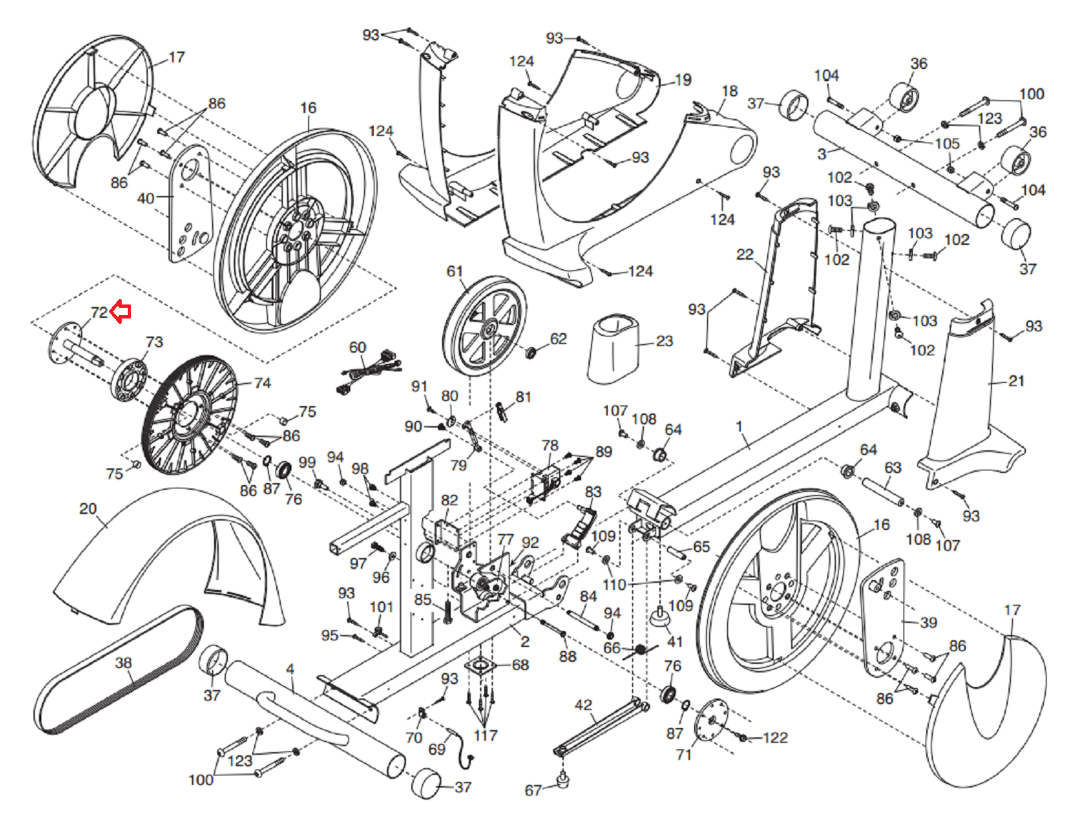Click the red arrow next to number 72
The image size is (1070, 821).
(x=120, y=311)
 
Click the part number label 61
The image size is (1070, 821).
(x=455, y=271)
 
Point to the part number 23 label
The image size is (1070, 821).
(x=664, y=341)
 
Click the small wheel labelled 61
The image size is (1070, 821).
(x=485, y=326)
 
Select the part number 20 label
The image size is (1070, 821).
(x=88, y=509)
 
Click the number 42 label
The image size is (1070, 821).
(x=583, y=705)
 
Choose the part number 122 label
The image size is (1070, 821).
(x=775, y=737)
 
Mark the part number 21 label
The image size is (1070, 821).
(x=1016, y=381)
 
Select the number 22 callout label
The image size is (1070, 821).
(x=745, y=254)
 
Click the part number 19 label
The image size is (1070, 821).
(x=683, y=80)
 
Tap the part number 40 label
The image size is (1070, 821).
(x=145, y=198)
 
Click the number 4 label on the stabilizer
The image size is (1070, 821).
(x=290, y=669)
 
